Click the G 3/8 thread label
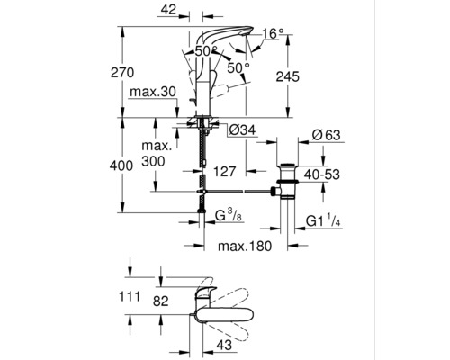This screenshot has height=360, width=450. (231, 217)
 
